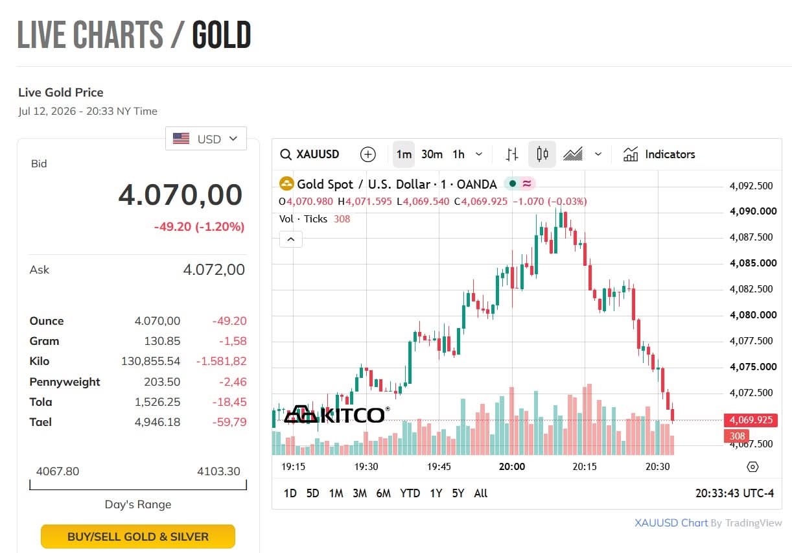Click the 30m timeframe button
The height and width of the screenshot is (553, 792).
(x=432, y=154)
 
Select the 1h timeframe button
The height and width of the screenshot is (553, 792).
(x=459, y=154)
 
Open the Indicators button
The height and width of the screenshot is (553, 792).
(x=659, y=154)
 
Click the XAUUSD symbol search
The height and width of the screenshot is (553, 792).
(x=310, y=154)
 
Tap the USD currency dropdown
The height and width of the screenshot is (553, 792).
(x=206, y=139)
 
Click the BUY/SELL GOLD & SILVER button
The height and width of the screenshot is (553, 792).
(x=138, y=536)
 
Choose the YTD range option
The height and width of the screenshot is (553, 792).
(x=410, y=493)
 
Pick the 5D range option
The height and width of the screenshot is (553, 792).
(x=312, y=493)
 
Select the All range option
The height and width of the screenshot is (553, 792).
(x=481, y=493)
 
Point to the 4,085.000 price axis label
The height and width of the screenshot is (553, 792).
(x=753, y=263)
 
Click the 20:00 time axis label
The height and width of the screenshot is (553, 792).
(x=511, y=467)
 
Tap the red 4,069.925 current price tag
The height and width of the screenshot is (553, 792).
(x=751, y=420)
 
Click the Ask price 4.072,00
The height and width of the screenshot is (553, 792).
(x=214, y=270)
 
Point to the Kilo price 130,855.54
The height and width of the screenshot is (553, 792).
(x=150, y=361)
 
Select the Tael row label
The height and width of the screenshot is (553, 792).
(x=41, y=422)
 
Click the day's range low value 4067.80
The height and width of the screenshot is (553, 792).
(x=58, y=471)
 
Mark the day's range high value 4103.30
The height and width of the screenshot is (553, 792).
(x=218, y=471)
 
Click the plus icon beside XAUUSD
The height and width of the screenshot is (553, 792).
(x=367, y=154)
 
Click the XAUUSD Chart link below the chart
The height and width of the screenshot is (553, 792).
(x=671, y=523)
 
